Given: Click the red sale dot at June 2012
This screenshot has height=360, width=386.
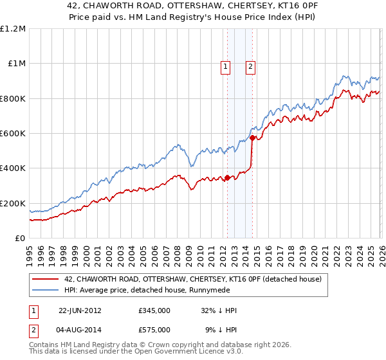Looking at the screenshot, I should [x=227, y=178].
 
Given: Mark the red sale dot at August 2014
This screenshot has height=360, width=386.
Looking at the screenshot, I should [x=252, y=138].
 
